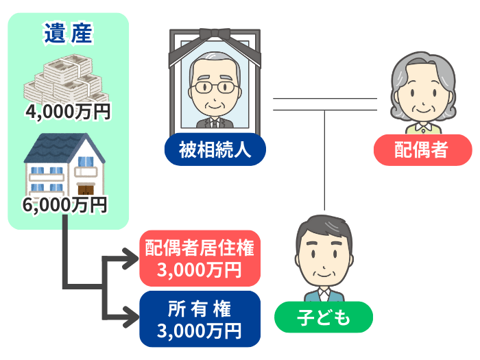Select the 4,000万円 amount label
(x=67, y=112)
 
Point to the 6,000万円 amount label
(x=67, y=204)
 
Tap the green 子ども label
(x=324, y=318)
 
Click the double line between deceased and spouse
(x=325, y=104)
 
